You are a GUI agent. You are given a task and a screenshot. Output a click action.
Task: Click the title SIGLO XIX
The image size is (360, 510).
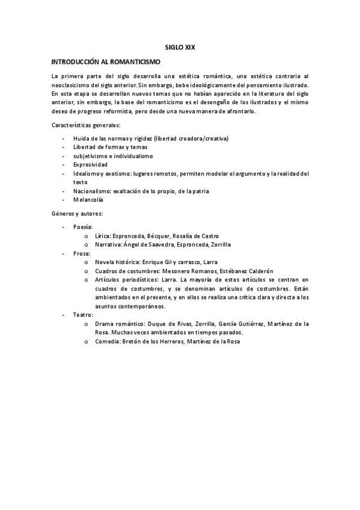(180, 46)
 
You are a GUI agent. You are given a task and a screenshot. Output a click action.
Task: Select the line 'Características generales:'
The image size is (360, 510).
(85, 124)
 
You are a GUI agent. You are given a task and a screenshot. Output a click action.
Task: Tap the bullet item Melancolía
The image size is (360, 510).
(89, 199)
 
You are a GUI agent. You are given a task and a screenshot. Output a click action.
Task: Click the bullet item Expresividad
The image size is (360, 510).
(91, 164)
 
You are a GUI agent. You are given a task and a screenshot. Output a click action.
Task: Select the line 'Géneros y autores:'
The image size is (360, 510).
(78, 214)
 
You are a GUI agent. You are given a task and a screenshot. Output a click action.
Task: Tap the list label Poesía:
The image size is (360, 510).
(82, 227)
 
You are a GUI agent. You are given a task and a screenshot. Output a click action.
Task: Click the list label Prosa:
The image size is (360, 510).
(82, 254)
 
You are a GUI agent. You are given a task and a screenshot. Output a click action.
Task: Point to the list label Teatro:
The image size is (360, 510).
(83, 315)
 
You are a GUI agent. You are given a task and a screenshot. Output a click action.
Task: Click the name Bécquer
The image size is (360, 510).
(158, 236)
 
